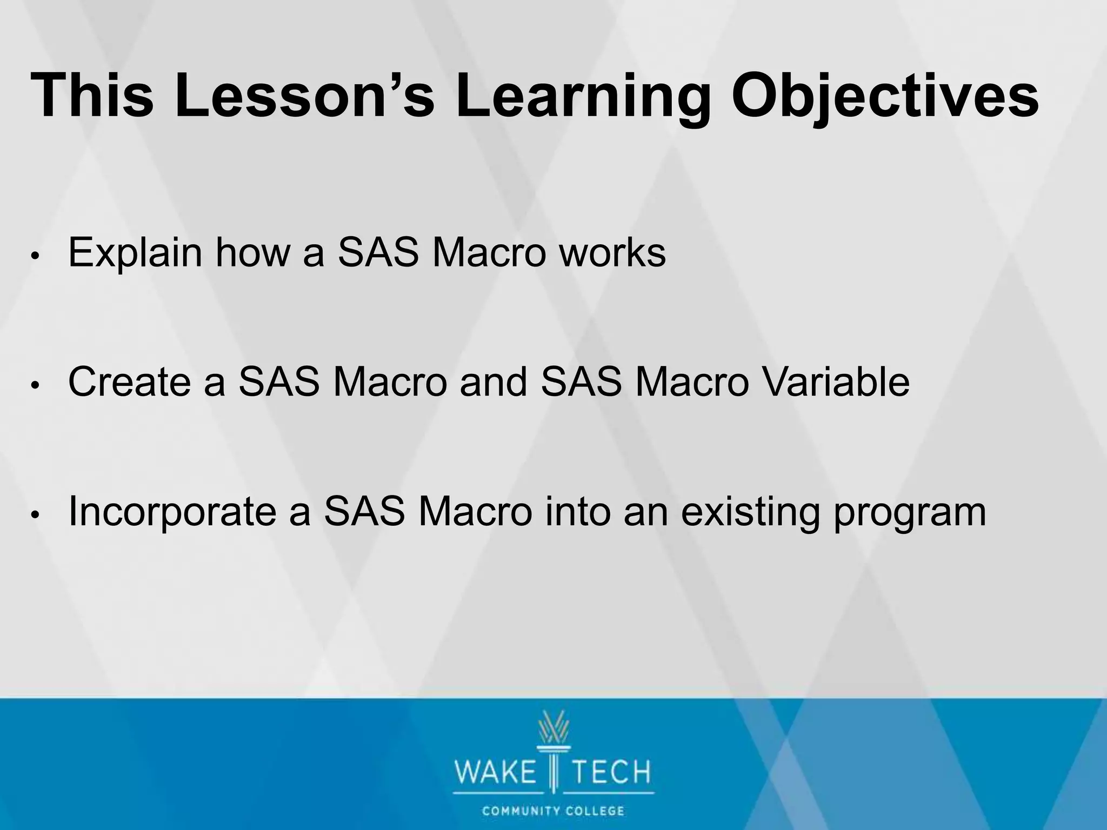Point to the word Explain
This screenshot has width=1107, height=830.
[135, 253]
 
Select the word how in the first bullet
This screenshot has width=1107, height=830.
[252, 252]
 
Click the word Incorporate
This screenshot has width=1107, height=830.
[172, 512]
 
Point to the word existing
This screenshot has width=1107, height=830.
[751, 512]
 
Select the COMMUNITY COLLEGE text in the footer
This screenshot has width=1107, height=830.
[553, 811]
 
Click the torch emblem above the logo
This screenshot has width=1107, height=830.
[553, 735]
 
